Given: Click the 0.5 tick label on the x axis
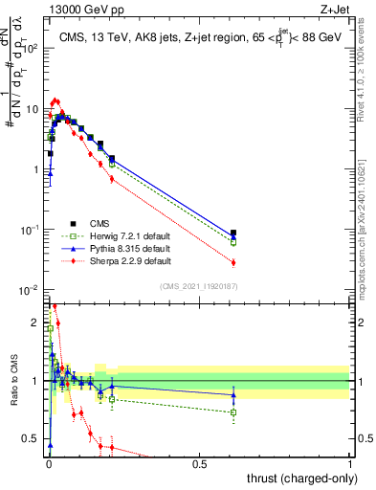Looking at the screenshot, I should pos(199,463).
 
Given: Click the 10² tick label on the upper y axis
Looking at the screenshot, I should pos(28,47).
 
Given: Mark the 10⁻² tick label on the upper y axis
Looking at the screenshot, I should pos(28,290).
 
